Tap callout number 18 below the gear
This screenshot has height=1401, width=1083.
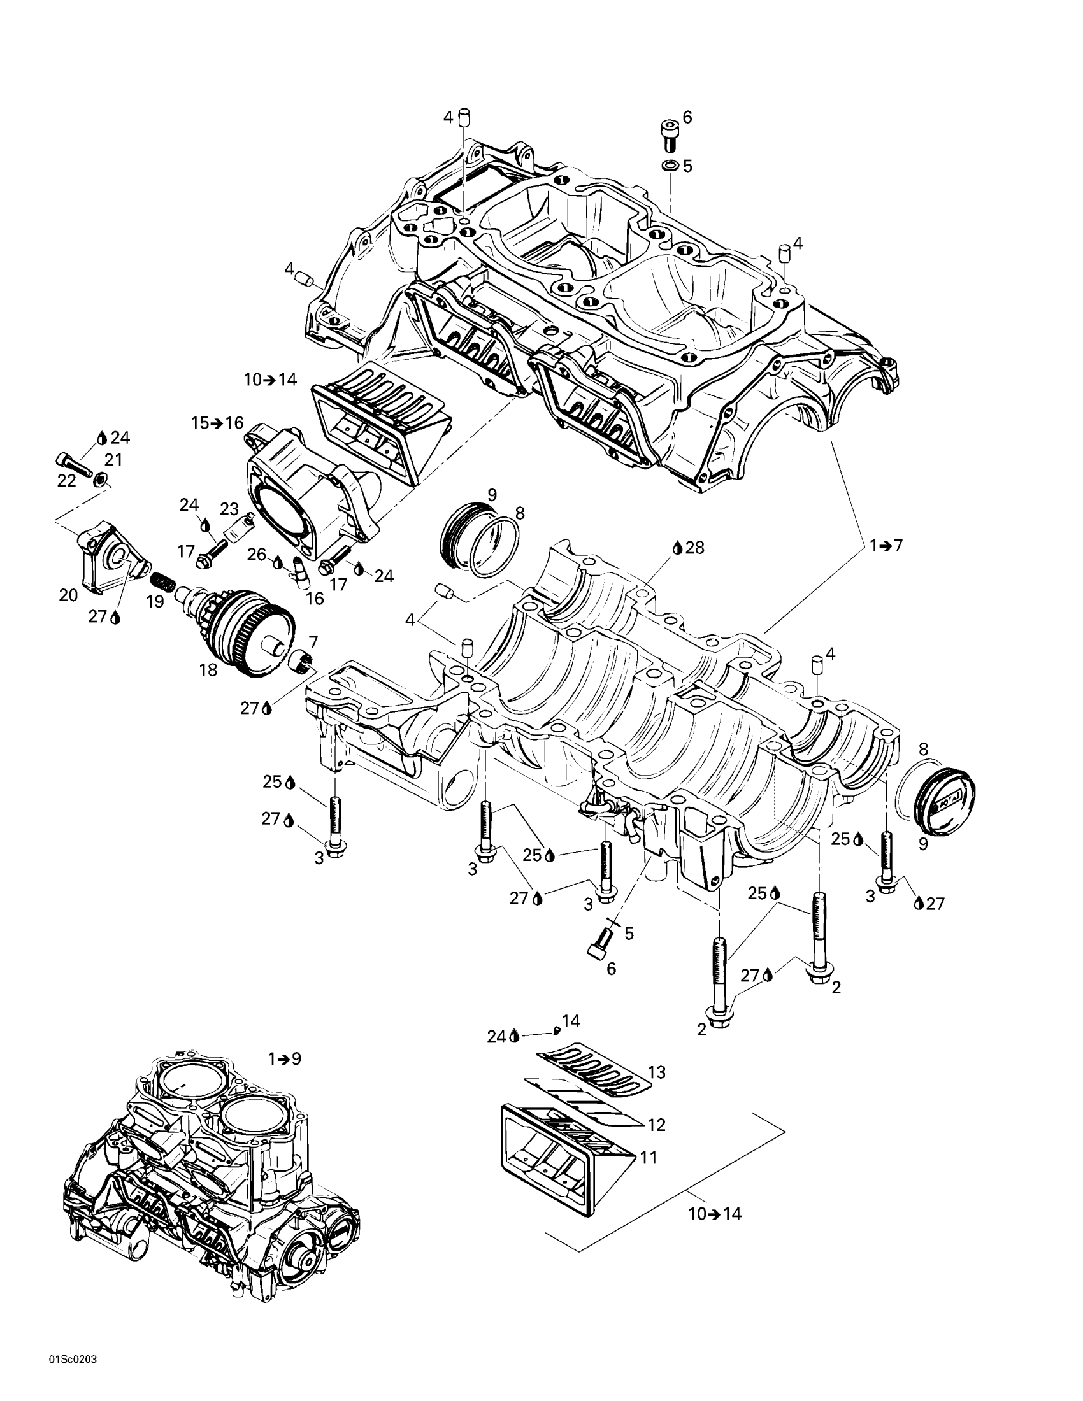click(208, 671)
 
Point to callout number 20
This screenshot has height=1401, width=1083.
click(68, 595)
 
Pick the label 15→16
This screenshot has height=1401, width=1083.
click(217, 423)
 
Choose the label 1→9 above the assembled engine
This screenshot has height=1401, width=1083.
click(284, 1058)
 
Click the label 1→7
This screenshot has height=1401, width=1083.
click(886, 546)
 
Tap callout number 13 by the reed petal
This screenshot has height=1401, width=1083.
click(656, 1072)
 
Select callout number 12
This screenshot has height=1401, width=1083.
click(656, 1125)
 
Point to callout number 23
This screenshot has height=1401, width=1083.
click(229, 509)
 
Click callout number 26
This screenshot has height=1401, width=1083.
click(257, 554)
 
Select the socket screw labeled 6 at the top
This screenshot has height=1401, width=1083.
click(669, 136)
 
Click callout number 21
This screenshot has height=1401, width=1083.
click(113, 460)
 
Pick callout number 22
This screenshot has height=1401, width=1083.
click(67, 480)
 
